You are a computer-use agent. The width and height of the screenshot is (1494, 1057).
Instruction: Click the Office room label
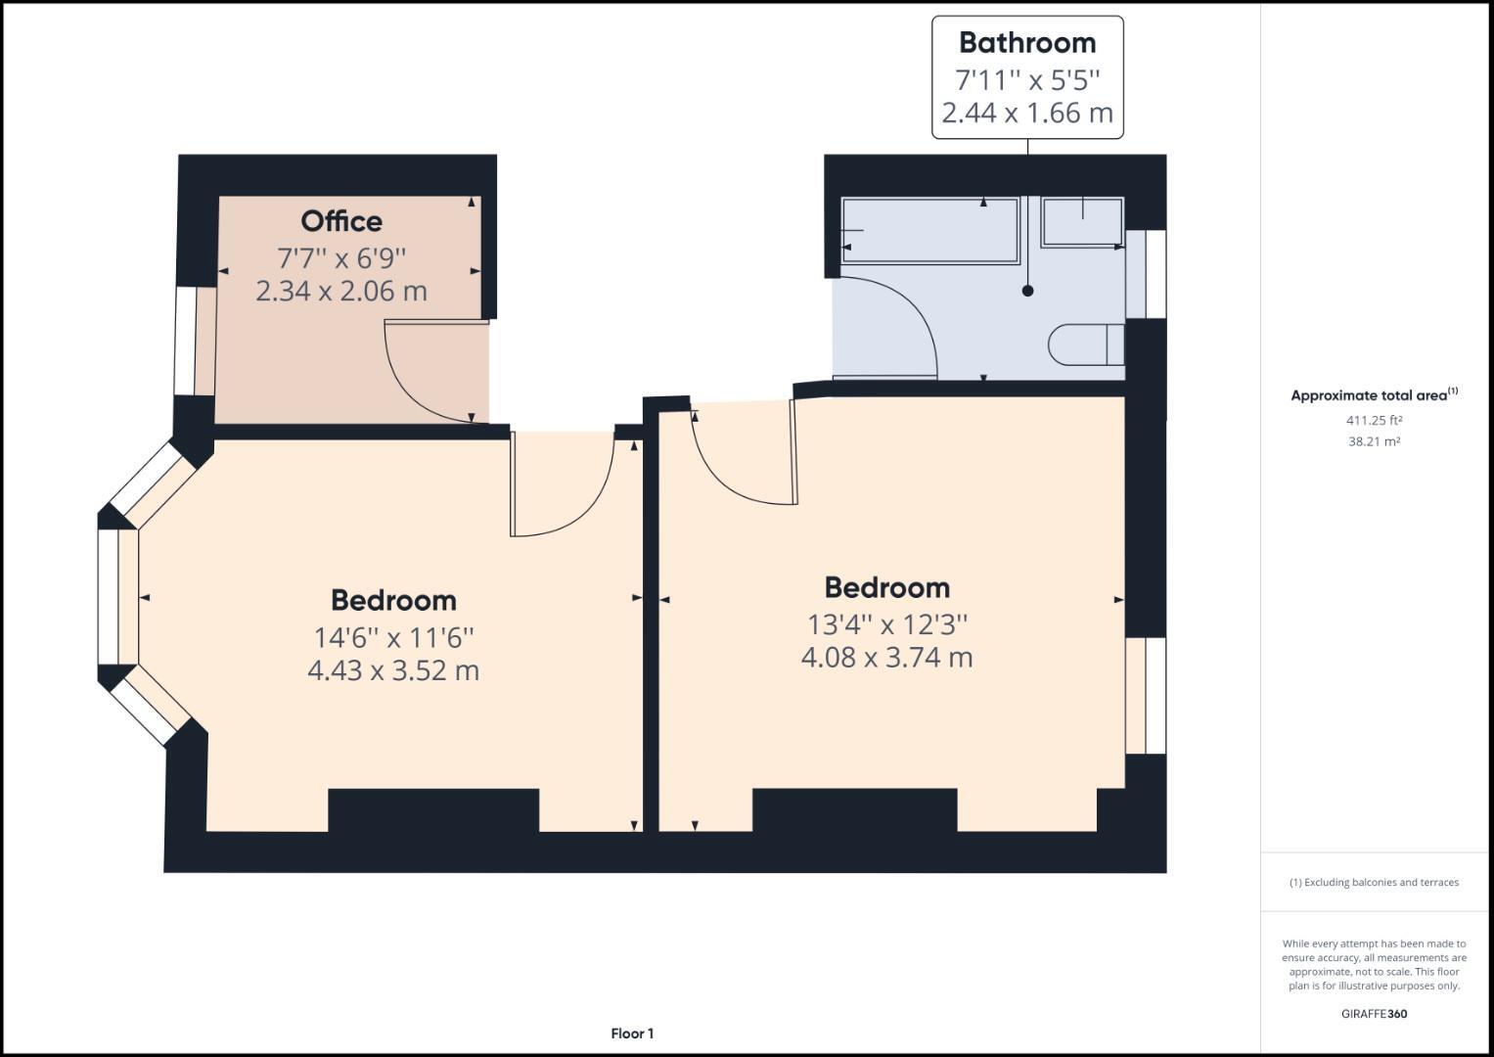(x=340, y=221)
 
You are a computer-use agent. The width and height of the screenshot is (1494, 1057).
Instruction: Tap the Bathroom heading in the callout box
(x=1026, y=43)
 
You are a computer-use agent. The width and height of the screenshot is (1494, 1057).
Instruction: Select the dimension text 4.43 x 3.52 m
(x=393, y=671)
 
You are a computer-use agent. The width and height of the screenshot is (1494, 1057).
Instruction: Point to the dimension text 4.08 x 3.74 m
(x=886, y=658)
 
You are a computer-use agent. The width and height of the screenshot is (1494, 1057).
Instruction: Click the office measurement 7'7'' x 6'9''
(x=340, y=258)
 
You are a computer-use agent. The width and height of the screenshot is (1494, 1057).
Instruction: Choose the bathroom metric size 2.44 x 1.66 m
(x=1026, y=114)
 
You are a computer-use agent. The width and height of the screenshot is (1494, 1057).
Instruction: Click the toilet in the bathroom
(x=1085, y=345)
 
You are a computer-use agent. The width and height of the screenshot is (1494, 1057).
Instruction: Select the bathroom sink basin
(x=1082, y=221)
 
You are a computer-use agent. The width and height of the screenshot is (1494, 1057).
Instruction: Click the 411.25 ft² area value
(x=1374, y=421)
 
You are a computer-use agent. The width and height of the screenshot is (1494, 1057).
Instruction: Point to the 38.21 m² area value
(x=1374, y=441)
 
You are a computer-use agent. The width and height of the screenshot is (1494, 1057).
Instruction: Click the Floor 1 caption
(x=632, y=1034)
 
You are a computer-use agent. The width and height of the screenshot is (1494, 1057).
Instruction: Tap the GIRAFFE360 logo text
(x=1374, y=1014)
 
